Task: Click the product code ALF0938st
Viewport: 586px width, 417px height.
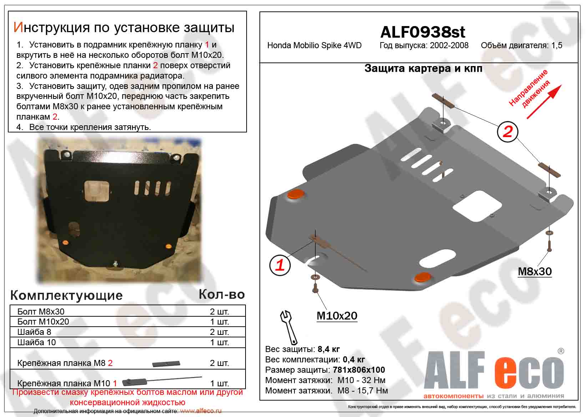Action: coord(423,32)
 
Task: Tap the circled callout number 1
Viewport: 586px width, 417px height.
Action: coord(280,265)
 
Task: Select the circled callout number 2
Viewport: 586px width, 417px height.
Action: coord(507,132)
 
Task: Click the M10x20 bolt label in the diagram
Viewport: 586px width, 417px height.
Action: coord(337,316)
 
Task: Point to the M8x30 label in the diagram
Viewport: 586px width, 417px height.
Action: coord(535,271)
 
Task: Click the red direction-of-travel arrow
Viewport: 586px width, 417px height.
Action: coord(544,102)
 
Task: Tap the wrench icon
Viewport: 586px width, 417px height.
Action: coord(289,327)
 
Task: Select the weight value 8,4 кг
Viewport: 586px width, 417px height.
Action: coord(329,349)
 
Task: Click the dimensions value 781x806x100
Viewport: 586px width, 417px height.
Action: coord(359,370)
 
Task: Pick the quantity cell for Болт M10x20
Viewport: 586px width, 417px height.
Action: coord(219,322)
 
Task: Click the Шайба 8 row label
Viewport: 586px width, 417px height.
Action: coord(34,332)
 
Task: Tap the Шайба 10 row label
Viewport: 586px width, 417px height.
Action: coord(37,342)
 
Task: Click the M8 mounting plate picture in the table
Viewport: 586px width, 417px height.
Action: coord(166,363)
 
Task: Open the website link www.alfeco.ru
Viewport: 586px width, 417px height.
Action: coord(201,411)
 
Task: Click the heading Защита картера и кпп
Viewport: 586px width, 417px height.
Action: coord(423,69)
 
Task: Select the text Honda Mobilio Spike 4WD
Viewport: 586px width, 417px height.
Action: coord(314,46)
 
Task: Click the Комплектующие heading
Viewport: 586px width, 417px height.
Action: coord(66,296)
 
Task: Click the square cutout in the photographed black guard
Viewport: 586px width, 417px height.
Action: coord(96,191)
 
